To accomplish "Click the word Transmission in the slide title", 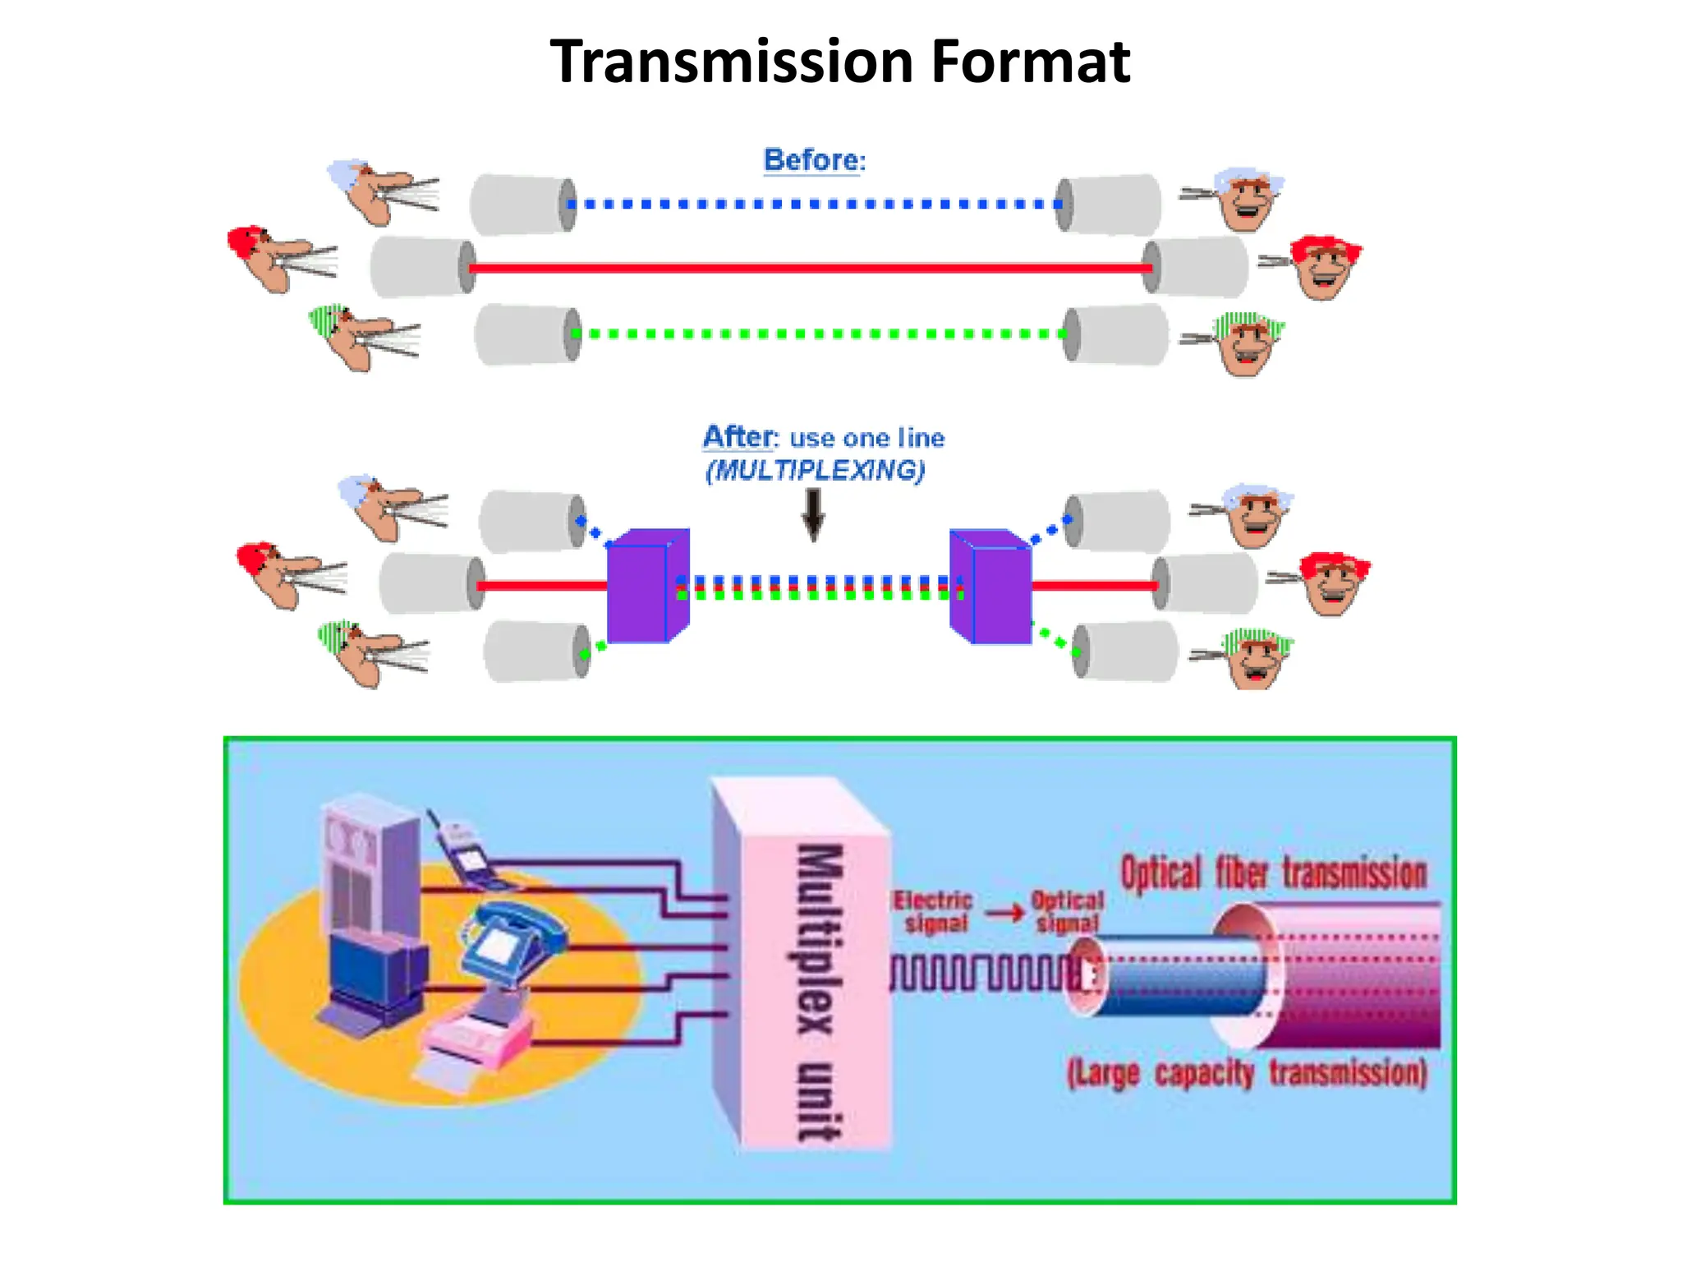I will point(731,62).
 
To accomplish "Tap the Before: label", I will point(814,160).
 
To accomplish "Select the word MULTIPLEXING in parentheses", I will point(816,471).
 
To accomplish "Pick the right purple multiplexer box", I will point(991,585).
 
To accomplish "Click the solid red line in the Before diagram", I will point(809,268).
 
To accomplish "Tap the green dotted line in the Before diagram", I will point(817,334).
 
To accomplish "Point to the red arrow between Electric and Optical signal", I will point(1004,913).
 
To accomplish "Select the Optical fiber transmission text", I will point(1273,873).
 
